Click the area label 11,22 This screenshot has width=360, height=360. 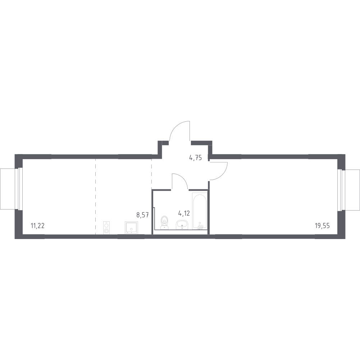37,225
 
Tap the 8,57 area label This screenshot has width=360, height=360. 143,215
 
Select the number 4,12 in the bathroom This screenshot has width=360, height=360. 184,213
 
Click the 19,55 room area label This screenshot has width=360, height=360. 322,225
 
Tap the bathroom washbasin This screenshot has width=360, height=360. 182,225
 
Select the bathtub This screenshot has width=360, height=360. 200,211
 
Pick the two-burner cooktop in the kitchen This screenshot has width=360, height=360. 106,228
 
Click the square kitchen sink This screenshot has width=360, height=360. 131,228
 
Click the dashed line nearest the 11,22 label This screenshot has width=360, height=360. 96,196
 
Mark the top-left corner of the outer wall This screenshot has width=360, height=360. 15,154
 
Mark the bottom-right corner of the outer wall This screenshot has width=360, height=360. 345,239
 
